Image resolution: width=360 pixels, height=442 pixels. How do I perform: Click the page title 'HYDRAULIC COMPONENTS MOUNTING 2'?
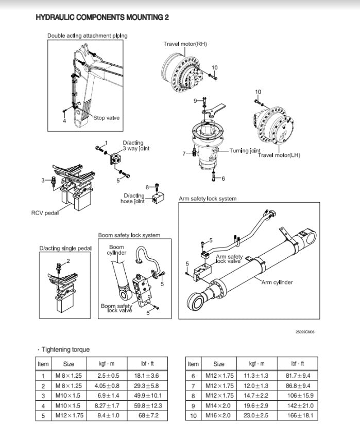[x=102, y=17]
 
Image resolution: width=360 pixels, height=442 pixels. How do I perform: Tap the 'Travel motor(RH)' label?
[x=185, y=44]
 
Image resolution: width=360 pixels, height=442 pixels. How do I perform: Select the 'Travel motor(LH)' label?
[x=279, y=155]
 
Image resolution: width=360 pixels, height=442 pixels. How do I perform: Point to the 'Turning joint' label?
[x=245, y=151]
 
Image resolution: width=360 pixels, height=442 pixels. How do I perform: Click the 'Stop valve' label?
[x=106, y=118]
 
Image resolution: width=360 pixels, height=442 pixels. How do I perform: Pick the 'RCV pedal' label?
[x=45, y=213]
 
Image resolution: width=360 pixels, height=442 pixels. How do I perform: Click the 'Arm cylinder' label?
[x=277, y=282]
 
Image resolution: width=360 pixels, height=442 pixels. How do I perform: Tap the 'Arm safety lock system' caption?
[x=208, y=198]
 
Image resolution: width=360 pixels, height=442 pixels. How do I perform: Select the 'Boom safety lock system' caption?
[x=129, y=235]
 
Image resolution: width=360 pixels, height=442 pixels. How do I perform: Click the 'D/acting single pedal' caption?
[x=65, y=249]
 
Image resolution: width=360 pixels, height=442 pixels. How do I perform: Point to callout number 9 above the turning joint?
[x=195, y=100]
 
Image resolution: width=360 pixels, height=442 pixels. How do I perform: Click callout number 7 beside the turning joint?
[x=184, y=153]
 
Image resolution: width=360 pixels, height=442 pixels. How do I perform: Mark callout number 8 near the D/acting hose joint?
[x=147, y=187]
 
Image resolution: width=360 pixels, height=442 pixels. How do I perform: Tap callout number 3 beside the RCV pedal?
[x=43, y=180]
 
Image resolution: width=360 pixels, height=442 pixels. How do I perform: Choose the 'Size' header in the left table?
[x=68, y=364]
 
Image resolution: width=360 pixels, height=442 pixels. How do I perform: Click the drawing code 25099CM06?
[x=305, y=331]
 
